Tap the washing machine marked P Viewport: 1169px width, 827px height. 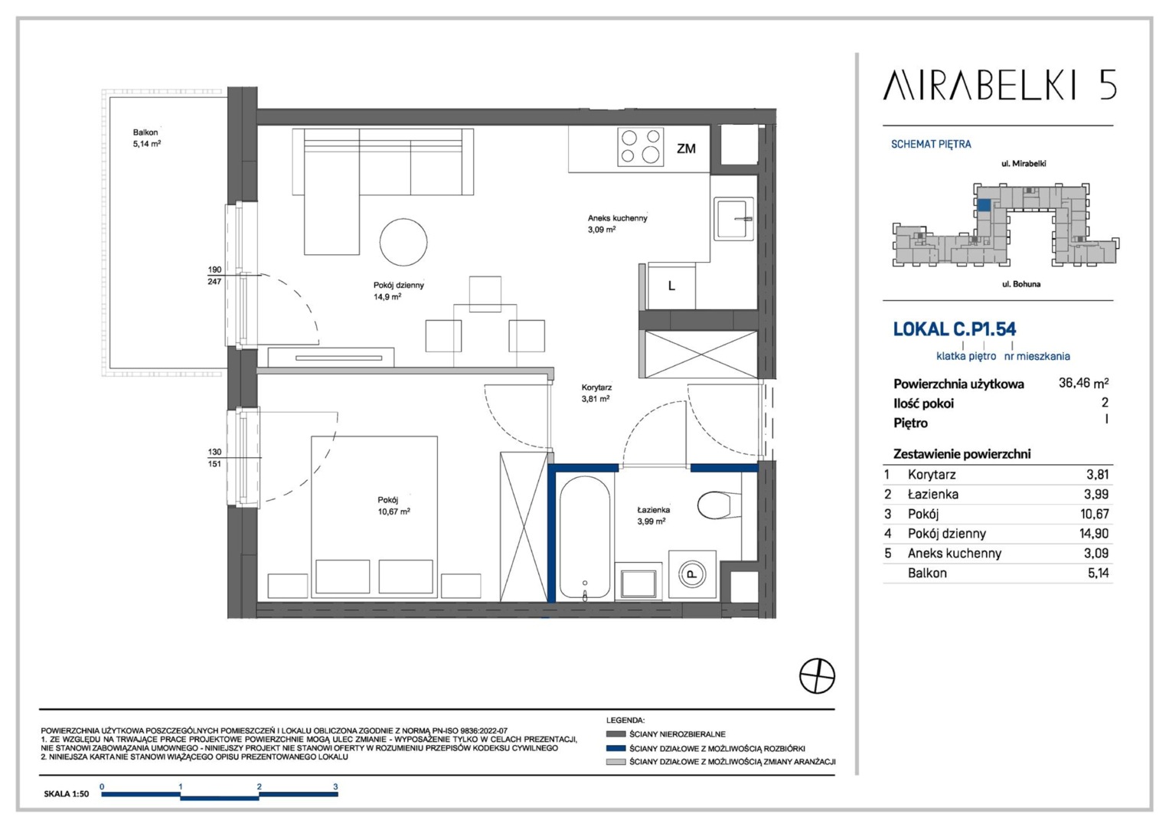tap(692, 574)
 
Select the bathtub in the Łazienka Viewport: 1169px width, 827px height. tap(585, 538)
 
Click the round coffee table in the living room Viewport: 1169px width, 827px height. tap(403, 242)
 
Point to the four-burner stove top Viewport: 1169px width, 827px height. tap(640, 147)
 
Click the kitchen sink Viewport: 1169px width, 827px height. tap(733, 218)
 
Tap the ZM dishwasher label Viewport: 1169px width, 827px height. tap(686, 149)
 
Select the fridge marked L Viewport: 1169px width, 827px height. tap(671, 286)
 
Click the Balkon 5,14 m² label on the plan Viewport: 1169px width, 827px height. tap(147, 138)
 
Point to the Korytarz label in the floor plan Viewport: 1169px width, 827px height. tap(596, 387)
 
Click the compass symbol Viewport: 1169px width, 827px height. tap(818, 676)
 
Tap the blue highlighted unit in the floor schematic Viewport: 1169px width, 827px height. tap(984, 204)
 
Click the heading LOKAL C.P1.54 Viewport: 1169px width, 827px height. tap(955, 329)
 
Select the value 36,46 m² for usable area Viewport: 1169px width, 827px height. tap(1083, 383)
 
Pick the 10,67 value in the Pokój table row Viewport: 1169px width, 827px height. tap(1095, 514)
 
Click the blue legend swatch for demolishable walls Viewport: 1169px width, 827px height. tap(616, 748)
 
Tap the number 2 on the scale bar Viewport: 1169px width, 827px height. tap(259, 786)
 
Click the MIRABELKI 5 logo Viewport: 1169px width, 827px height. tap(999, 84)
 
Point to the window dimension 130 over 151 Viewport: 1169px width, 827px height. tap(214, 458)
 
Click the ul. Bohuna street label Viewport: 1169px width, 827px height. tap(1021, 284)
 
